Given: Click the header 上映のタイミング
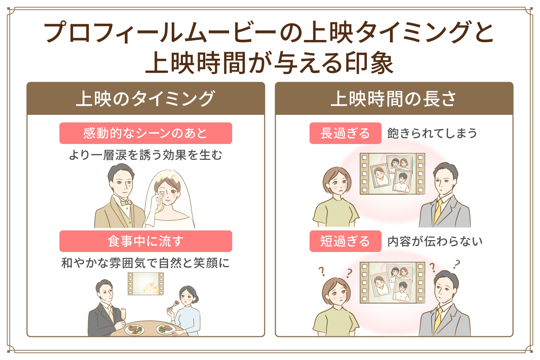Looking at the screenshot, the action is [x=145, y=99].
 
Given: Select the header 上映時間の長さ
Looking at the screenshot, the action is [x=393, y=99].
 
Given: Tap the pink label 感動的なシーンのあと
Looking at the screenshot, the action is [x=145, y=133].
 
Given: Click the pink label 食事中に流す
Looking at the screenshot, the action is [x=145, y=241].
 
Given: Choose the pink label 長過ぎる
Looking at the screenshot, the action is [x=345, y=133].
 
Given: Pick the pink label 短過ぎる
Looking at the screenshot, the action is [x=345, y=241].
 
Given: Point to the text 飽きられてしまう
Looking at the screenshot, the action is [x=432, y=133].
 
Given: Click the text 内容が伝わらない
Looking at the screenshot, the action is [x=435, y=241].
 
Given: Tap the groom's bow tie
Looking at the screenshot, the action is [x=126, y=203].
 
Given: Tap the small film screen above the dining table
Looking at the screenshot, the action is [x=146, y=283].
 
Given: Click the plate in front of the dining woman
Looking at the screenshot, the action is [x=165, y=329].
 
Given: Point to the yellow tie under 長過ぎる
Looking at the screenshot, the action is [x=438, y=212].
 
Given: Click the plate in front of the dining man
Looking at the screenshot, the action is [x=134, y=329].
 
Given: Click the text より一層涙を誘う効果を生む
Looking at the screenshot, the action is [x=145, y=155].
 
